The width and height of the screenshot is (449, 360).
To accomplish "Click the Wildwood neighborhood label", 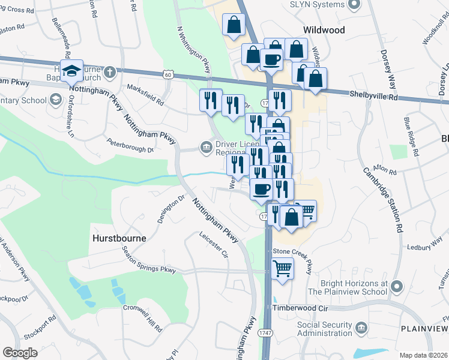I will (324, 29).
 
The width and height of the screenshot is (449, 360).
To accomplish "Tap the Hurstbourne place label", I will (119, 238).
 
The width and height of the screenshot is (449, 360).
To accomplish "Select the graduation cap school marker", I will (71, 70).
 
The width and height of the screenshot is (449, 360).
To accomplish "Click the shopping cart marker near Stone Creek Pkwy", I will (282, 268).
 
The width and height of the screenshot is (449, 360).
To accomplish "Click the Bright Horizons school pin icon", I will (396, 287).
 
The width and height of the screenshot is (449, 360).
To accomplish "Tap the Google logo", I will (20, 353).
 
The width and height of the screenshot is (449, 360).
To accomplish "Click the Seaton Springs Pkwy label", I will (149, 262).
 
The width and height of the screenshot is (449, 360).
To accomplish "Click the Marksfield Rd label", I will (145, 95).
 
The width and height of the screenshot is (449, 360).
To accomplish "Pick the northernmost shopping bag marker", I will (234, 25).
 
